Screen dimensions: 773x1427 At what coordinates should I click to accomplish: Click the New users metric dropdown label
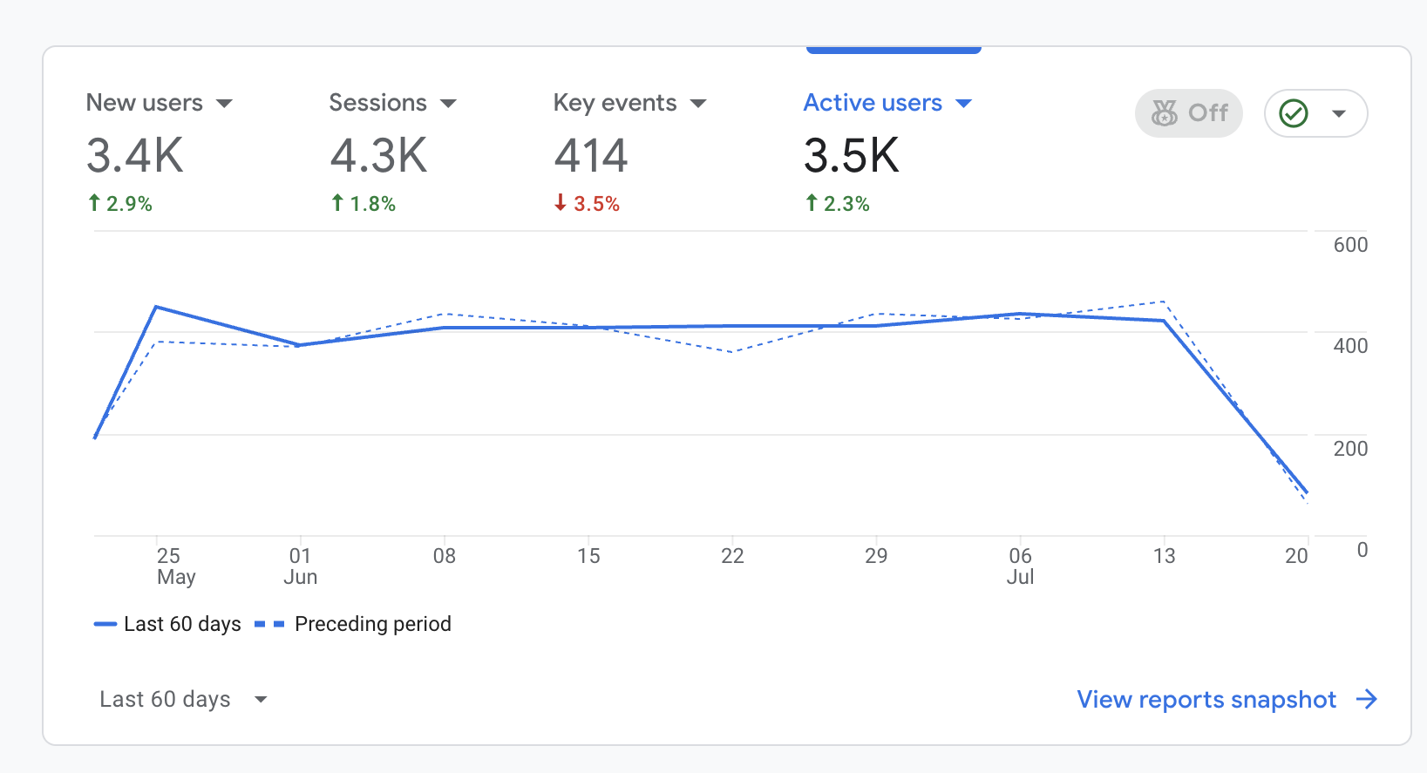[x=145, y=103]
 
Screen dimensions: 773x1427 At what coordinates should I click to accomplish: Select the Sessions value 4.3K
[x=378, y=156]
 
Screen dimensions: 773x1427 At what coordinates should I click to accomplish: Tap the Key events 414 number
[x=591, y=156]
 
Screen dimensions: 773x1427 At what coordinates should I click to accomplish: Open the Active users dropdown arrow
[x=963, y=104]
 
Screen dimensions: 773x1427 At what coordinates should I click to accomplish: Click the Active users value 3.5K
[x=851, y=156]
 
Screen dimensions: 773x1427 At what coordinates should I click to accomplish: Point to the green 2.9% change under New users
[x=120, y=204]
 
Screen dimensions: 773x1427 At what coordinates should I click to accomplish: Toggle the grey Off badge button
[x=1189, y=113]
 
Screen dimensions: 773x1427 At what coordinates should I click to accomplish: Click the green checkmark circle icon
[x=1294, y=113]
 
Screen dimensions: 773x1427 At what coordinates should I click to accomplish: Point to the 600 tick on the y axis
[x=1349, y=245]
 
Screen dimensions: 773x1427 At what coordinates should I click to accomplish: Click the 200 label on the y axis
[x=1349, y=449]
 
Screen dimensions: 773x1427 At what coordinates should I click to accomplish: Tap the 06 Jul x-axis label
[x=1020, y=566]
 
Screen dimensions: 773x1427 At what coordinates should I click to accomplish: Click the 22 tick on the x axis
[x=732, y=556]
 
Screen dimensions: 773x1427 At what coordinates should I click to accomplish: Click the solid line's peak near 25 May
[x=156, y=307]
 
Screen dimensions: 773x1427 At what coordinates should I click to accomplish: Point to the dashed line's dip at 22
[x=732, y=351]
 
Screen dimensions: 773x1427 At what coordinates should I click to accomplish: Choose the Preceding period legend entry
[x=372, y=624]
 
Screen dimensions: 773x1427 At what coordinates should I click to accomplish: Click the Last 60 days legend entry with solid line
[x=181, y=624]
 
